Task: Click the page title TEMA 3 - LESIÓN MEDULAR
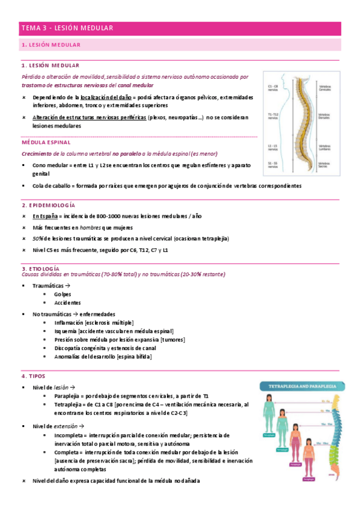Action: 67,28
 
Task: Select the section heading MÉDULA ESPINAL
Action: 46,143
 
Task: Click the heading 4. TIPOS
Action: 33,376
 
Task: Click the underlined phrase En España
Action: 46,216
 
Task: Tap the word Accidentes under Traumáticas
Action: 67,303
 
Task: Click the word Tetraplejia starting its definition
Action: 69,405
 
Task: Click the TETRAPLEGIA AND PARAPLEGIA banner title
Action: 302,387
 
